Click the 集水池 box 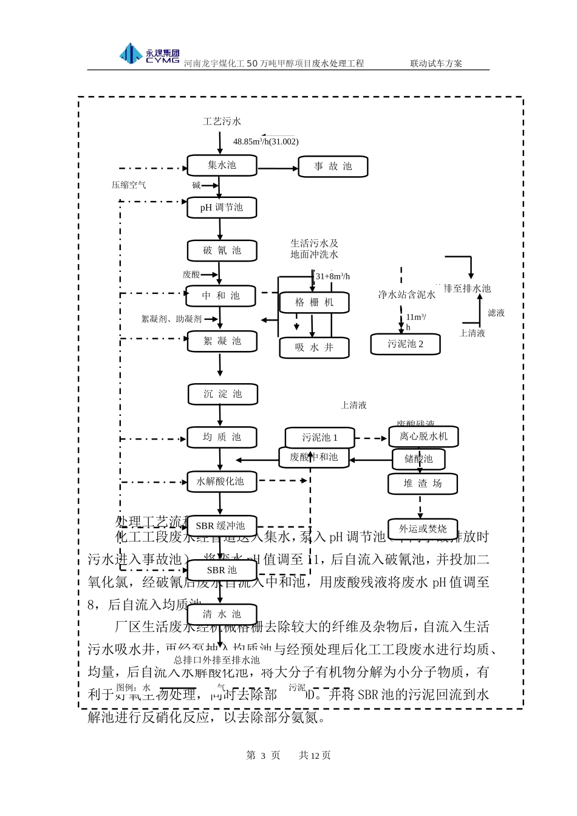[x=222, y=165]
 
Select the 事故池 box [x=333, y=166]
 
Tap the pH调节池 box [x=222, y=208]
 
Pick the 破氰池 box [x=222, y=251]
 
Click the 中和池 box [x=221, y=296]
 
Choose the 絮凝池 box [x=222, y=341]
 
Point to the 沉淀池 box [x=222, y=394]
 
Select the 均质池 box [x=222, y=437]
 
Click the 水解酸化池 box [x=221, y=481]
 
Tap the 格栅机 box [x=314, y=302]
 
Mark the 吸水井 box [x=314, y=347]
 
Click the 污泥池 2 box [x=405, y=344]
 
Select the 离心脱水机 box [x=423, y=437]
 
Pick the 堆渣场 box [x=423, y=484]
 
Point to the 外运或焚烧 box [x=423, y=529]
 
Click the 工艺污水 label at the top [x=222, y=121]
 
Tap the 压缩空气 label [x=129, y=185]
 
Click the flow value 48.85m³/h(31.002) [x=266, y=141]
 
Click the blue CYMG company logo [x=149, y=54]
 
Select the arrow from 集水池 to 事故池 [x=278, y=166]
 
